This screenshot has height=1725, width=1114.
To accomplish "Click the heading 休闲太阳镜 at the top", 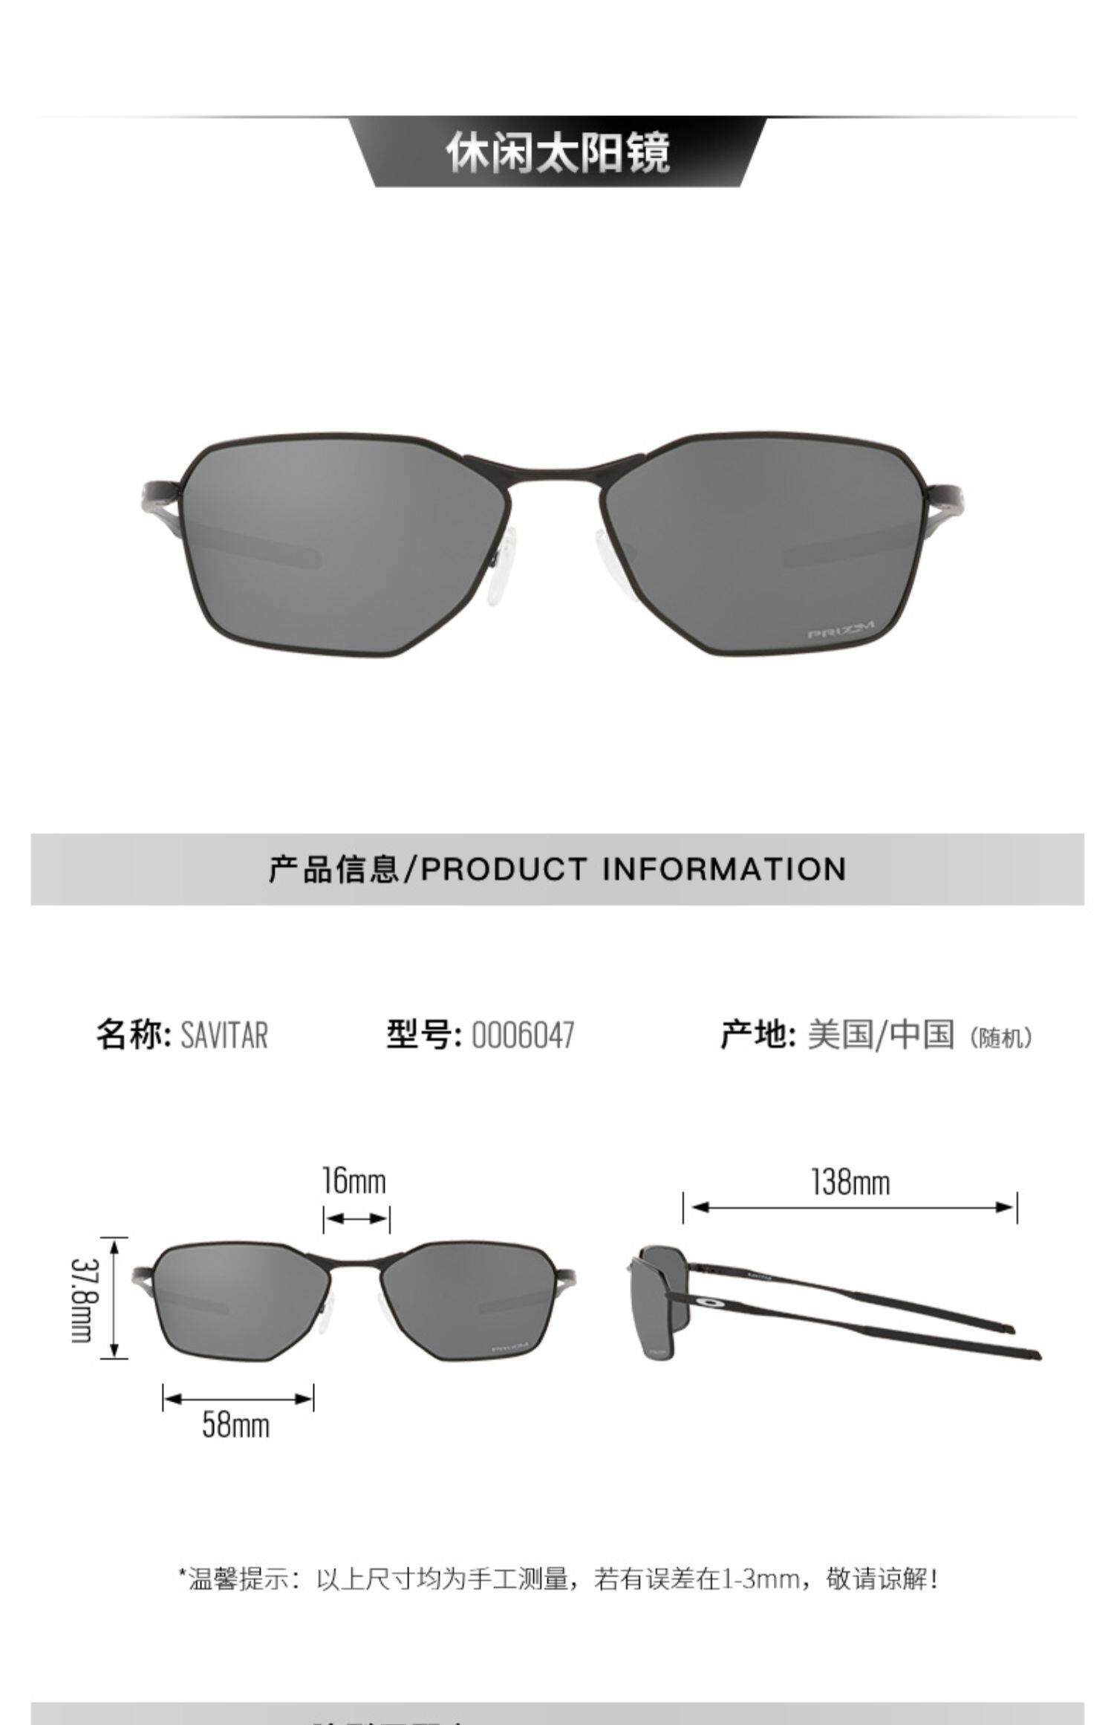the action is pos(558,153).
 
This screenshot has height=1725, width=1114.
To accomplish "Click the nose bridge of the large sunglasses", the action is pos(555,467).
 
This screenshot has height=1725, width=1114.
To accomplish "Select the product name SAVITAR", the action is pos(224,1035).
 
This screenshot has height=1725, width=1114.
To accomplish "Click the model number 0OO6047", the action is pos(523,1035).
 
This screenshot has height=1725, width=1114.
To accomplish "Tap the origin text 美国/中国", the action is pos(881,1035).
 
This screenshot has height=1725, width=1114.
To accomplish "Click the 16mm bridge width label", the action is pos(354,1181).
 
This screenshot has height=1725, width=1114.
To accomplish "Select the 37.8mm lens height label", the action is pos(81,1299).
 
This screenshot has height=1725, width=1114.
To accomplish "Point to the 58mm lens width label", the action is pos(235,1425).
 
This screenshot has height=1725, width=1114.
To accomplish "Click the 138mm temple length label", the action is pos(850,1182).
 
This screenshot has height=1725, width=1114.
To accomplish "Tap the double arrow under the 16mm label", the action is pos(356,1219).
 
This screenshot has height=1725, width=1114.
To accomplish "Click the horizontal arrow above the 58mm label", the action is pos(238,1400).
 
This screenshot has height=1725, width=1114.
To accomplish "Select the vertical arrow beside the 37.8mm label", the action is pos(114,1299).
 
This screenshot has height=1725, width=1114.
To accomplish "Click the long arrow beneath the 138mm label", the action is pos(850,1208).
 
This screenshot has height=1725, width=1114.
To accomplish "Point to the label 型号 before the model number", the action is pos(420,1035).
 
